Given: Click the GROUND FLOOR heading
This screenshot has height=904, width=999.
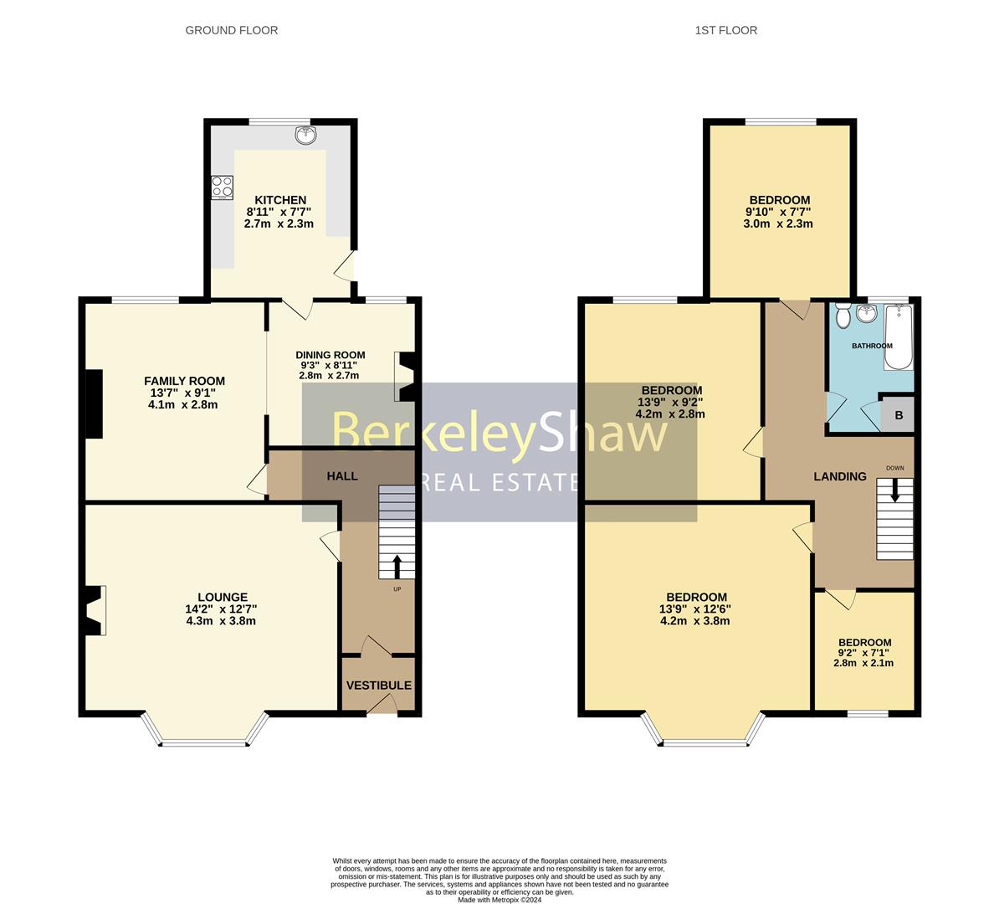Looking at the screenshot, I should pyautogui.click(x=231, y=30).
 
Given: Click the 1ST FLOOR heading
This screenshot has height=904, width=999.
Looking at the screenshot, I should pyautogui.click(x=725, y=30).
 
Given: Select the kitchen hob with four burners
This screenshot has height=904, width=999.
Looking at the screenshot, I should pyautogui.click(x=222, y=187).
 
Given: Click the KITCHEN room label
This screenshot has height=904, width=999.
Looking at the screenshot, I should pyautogui.click(x=280, y=200).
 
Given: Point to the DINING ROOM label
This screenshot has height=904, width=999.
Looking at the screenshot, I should pyautogui.click(x=330, y=355).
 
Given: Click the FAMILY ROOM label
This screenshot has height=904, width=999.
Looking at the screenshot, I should pyautogui.click(x=184, y=381).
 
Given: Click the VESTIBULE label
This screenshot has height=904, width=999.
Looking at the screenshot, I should pyautogui.click(x=379, y=685).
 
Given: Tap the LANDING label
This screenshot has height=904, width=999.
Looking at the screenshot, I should pyautogui.click(x=840, y=476).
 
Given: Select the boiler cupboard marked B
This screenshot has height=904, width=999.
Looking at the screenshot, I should pyautogui.click(x=899, y=414).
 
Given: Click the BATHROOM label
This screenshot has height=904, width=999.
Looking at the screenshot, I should pyautogui.click(x=872, y=346).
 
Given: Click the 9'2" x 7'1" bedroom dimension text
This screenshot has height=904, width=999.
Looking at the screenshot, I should pyautogui.click(x=863, y=653).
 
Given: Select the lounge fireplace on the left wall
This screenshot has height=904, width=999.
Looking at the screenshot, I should pyautogui.click(x=95, y=610).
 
